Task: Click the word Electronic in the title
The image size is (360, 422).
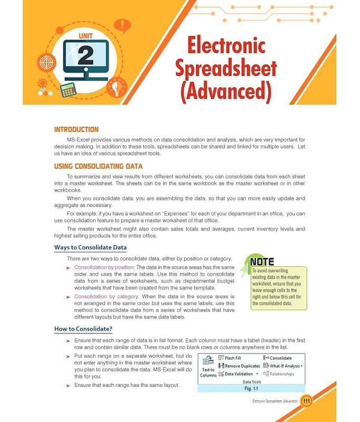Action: click(226, 46)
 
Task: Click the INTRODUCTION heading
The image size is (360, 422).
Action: click(76, 129)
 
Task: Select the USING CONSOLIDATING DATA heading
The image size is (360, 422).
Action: click(98, 167)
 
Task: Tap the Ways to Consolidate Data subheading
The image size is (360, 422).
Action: click(90, 248)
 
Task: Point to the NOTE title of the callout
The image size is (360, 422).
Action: click(262, 261)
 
